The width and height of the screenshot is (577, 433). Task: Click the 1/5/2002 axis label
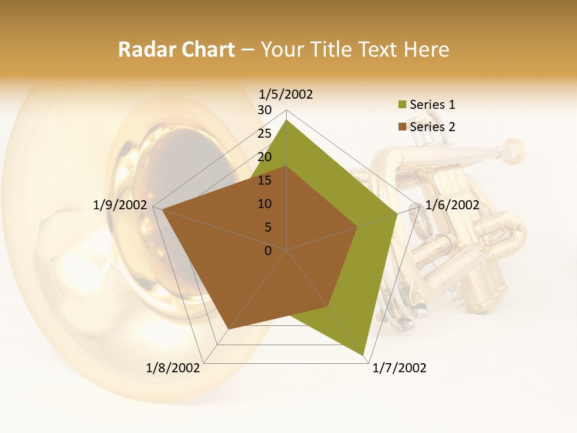pyautogui.click(x=286, y=94)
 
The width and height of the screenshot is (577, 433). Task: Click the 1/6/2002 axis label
pyautogui.click(x=452, y=205)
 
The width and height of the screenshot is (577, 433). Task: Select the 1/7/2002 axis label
pyautogui.click(x=399, y=368)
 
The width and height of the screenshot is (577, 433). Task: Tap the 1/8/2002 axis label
pyautogui.click(x=173, y=368)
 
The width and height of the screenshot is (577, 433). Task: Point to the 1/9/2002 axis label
pyautogui.click(x=120, y=205)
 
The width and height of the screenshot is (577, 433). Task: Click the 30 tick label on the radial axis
pyautogui.click(x=264, y=110)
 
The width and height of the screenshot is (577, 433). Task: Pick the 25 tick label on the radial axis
pyautogui.click(x=264, y=134)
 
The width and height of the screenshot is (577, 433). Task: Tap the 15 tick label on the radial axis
pyautogui.click(x=264, y=180)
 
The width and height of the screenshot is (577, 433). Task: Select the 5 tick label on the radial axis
pyautogui.click(x=267, y=227)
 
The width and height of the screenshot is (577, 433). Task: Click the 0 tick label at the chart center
pyautogui.click(x=268, y=251)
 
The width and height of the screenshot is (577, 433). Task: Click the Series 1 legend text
pyautogui.click(x=432, y=105)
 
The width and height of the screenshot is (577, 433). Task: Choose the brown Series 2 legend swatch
pyautogui.click(x=402, y=127)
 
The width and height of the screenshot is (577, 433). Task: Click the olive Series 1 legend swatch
pyautogui.click(x=402, y=105)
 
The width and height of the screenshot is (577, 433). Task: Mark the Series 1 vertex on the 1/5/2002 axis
pyautogui.click(x=287, y=120)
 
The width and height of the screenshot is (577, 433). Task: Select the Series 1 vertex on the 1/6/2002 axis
pyautogui.click(x=397, y=213)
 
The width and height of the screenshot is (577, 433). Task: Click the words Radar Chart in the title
pyautogui.click(x=176, y=49)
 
